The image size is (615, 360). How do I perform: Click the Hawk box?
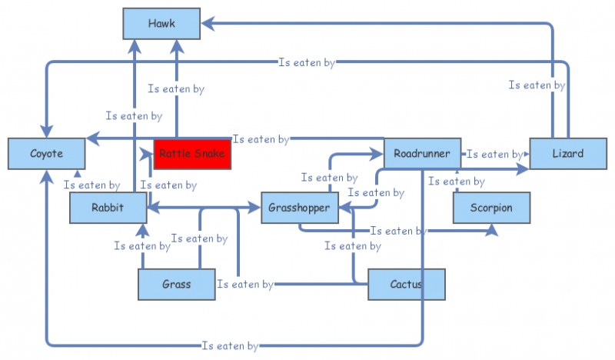point(161,24)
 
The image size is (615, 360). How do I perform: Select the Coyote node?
point(46,154)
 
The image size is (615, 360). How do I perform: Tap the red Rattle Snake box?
point(192,154)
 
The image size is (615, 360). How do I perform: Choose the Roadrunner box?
point(422,154)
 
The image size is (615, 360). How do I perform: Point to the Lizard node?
point(567,154)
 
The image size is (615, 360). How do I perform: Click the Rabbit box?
point(108,208)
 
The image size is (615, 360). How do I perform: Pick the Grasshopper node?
point(300,208)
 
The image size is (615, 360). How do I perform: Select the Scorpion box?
point(491,208)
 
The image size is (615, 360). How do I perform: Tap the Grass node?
point(176,285)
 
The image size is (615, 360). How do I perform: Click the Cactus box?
point(407,285)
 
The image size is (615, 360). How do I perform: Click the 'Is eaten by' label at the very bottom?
point(230,346)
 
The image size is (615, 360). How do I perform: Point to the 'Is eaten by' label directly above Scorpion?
point(456,182)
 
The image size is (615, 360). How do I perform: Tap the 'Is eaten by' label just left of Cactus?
point(245,285)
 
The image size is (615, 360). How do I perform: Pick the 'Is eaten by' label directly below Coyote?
point(91,185)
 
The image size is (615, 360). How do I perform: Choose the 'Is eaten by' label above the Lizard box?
point(537,85)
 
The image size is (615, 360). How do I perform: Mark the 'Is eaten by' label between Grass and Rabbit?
point(142,246)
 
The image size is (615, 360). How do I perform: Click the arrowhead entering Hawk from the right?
point(207,24)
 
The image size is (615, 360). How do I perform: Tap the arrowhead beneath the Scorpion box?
point(491,228)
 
